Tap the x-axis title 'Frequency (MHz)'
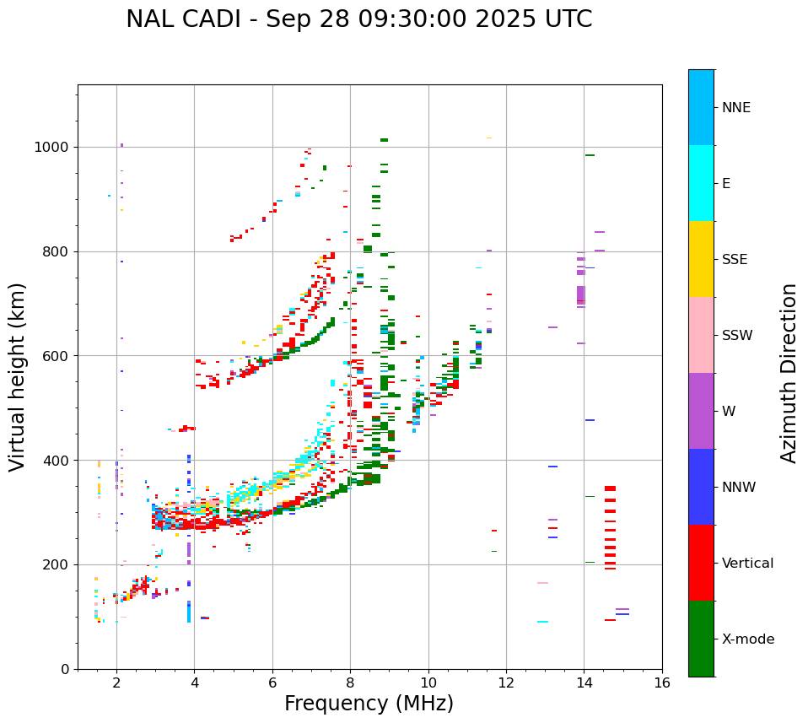369,704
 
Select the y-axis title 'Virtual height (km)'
18,376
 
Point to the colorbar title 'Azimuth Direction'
789,373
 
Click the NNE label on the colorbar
735,108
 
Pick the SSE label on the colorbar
734,260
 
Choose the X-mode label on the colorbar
747,639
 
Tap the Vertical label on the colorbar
747,564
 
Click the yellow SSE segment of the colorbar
701,259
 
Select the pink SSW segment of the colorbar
701,335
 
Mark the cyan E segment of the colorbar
701,183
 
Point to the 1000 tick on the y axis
55,148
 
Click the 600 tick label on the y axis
58,356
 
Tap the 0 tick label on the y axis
66,670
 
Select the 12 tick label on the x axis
506,683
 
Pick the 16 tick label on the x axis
662,683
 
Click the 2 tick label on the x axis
116,683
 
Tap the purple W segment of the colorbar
701,411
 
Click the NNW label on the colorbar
739,488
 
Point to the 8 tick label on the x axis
350,683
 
